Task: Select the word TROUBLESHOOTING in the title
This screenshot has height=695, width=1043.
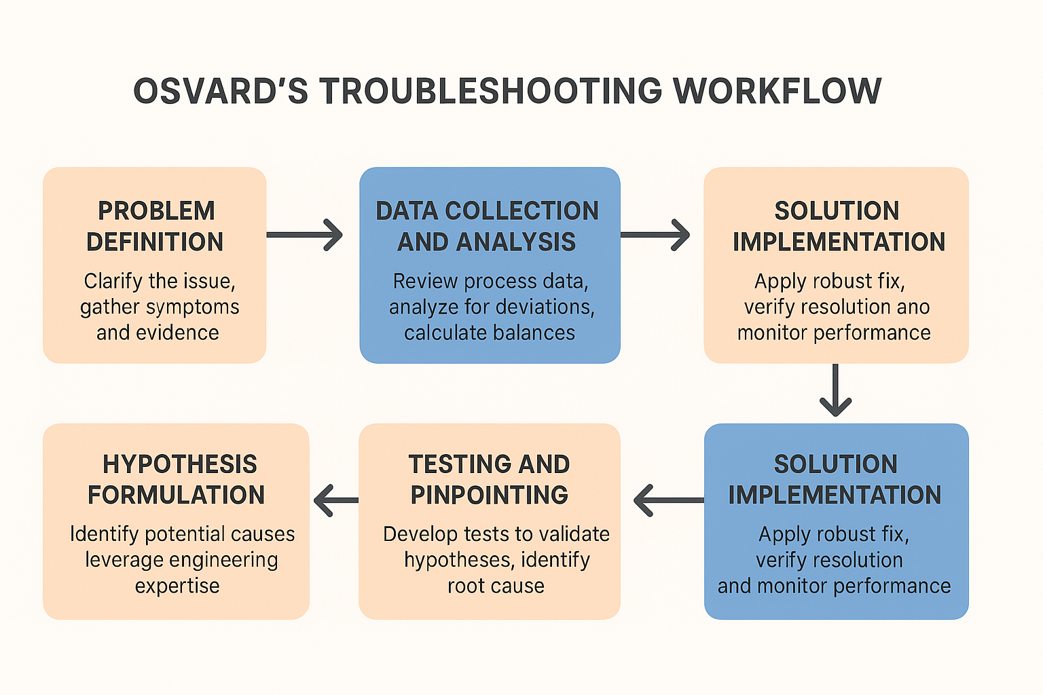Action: [x=491, y=92]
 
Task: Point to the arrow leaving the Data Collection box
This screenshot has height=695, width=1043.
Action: [x=655, y=235]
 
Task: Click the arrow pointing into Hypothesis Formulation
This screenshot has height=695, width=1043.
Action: [x=336, y=500]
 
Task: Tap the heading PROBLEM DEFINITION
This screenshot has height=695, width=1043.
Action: [x=155, y=226]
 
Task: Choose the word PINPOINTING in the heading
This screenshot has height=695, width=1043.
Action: [x=490, y=495]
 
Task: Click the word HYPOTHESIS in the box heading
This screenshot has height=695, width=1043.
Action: [x=180, y=464]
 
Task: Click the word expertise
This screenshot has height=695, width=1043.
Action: [x=177, y=586]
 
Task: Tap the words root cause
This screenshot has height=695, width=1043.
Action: [x=496, y=586]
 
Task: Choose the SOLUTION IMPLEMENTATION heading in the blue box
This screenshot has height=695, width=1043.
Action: [x=835, y=479]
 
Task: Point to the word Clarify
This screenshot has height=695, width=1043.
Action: [x=112, y=281]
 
